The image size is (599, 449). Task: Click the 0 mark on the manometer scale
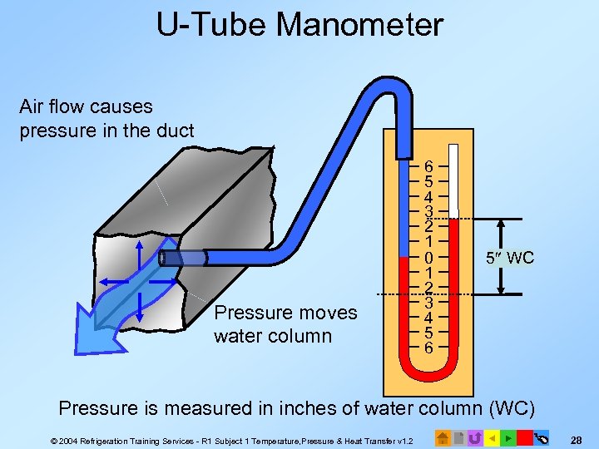(428, 258)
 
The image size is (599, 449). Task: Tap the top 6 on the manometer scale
(428, 165)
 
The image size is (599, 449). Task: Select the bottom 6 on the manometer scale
(428, 348)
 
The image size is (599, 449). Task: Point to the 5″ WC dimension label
(510, 258)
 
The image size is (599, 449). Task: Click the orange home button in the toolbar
(443, 437)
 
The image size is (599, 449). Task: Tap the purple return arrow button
(475, 437)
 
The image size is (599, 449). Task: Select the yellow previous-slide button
(492, 437)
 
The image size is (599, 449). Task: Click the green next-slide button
(508, 437)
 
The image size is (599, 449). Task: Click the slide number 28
(578, 437)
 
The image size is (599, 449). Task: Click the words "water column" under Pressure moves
(272, 336)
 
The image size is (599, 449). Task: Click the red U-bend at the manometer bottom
(428, 377)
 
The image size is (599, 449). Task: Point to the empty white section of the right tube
(453, 179)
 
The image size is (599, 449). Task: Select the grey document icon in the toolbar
(458, 437)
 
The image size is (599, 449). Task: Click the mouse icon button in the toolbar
(542, 437)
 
